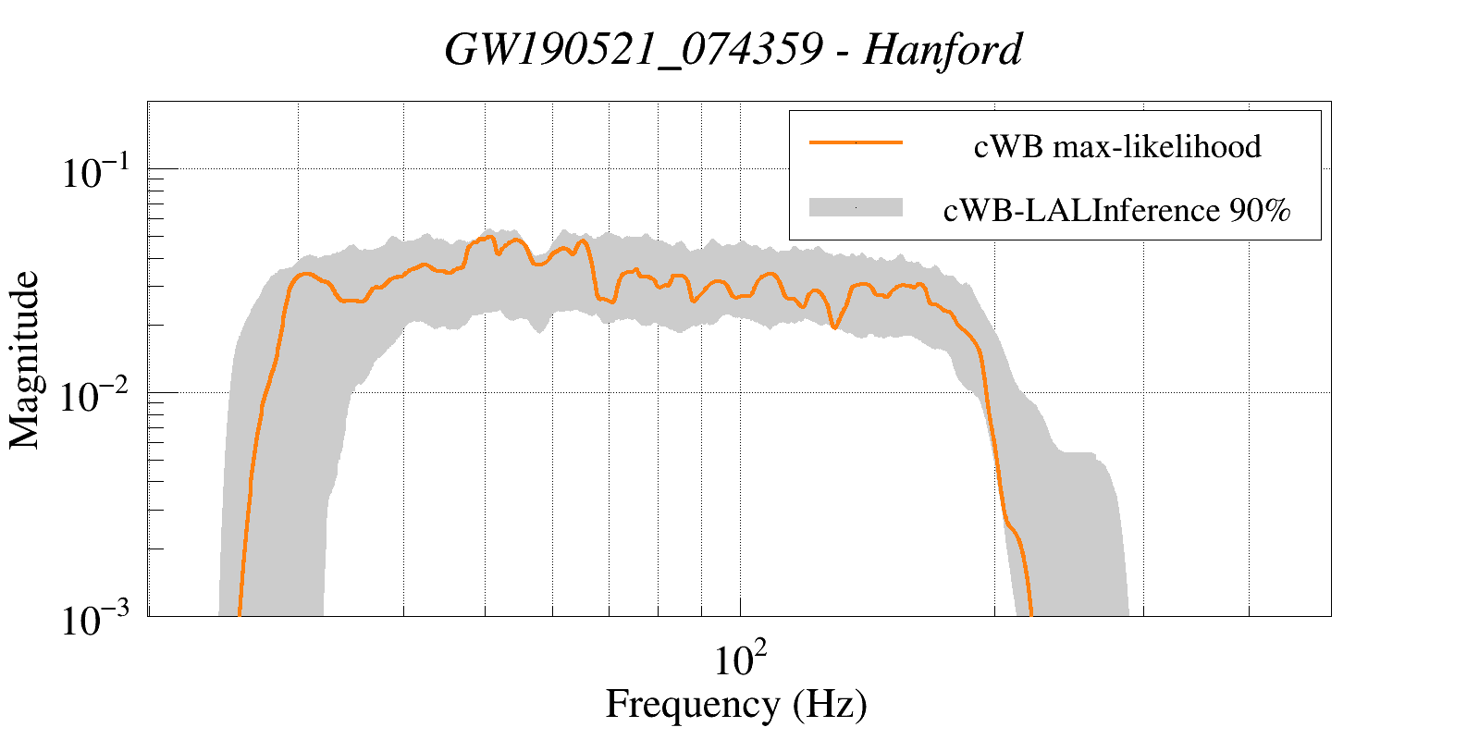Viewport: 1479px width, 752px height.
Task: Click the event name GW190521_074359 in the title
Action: tap(633, 50)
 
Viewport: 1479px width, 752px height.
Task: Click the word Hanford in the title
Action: tap(942, 50)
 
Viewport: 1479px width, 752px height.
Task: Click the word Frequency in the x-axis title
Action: tap(693, 705)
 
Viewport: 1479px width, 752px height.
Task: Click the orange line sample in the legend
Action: tap(856, 142)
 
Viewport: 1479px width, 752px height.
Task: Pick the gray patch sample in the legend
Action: tap(856, 207)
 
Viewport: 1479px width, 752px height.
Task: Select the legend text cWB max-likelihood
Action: tap(1117, 146)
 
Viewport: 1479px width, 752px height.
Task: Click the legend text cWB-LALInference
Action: tap(1080, 211)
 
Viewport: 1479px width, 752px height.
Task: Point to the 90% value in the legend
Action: tap(1259, 211)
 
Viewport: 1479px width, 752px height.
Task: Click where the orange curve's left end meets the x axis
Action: tap(240, 613)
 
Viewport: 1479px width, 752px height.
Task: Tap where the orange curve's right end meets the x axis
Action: tap(1030, 613)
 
